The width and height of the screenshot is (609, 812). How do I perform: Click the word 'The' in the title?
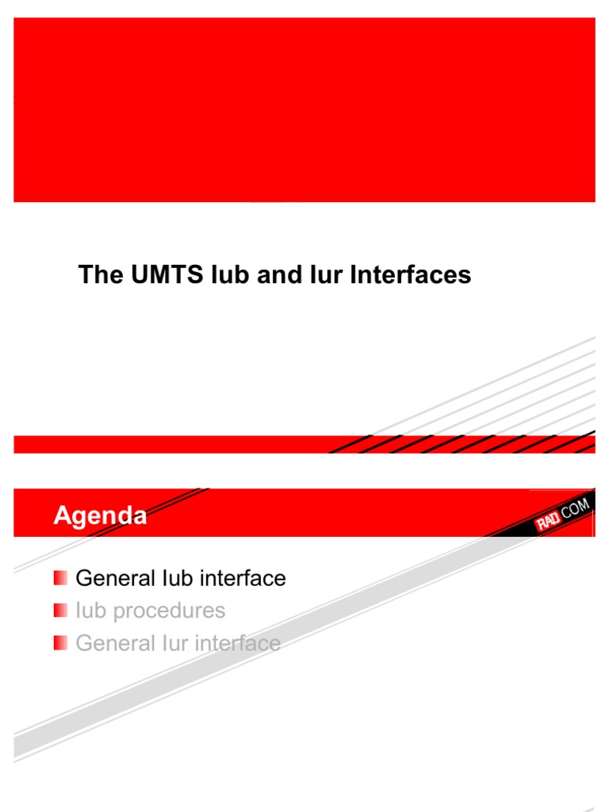click(x=96, y=275)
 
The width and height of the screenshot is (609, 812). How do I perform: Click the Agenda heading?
click(x=100, y=516)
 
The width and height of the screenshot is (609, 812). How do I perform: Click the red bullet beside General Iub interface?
click(x=60, y=578)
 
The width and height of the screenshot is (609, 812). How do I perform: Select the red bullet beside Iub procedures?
click(x=60, y=611)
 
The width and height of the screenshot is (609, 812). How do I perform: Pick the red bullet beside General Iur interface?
click(x=60, y=643)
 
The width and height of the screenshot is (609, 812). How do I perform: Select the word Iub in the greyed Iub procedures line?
click(x=90, y=611)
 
